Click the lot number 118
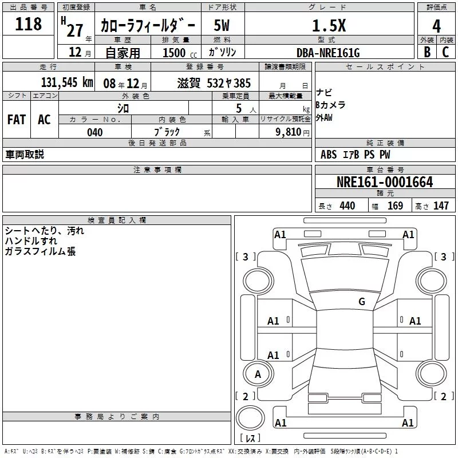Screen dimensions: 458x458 click(28, 24)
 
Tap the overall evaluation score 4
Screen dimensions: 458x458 click(436, 26)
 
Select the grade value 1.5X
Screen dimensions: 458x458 click(329, 26)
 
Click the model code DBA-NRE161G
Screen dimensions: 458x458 click(328, 53)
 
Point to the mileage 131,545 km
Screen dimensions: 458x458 click(67, 82)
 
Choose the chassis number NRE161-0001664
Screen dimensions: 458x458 click(385, 182)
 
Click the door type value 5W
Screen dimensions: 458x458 click(222, 25)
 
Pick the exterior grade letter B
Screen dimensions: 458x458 click(427, 52)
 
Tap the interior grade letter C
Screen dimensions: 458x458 click(445, 52)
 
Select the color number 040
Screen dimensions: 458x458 click(95, 132)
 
